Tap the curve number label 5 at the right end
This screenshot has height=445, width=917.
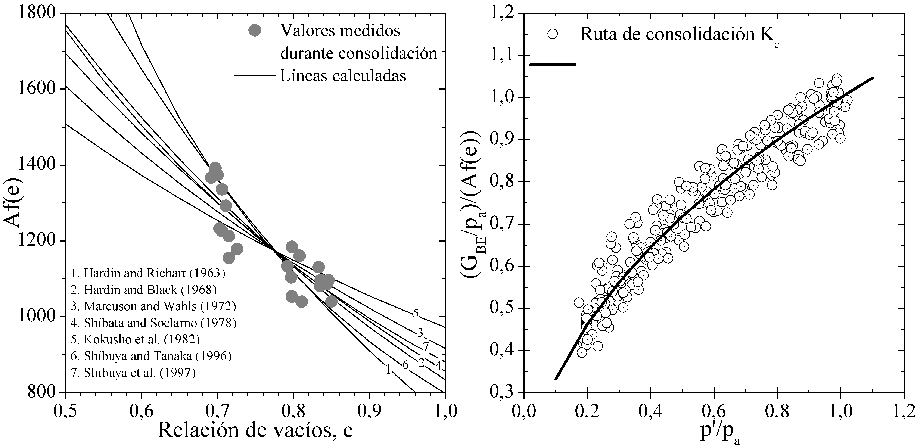pos(416,314)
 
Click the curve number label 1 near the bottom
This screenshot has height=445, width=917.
pos(388,370)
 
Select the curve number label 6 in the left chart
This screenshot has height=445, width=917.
pos(405,365)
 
